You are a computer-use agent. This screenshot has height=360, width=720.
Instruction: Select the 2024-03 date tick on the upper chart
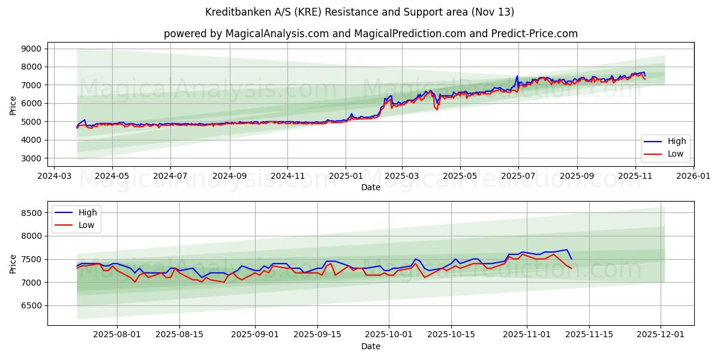(x=55, y=177)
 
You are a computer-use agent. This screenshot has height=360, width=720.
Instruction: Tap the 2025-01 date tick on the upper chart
(x=346, y=177)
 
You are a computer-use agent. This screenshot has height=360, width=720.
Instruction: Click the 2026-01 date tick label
(x=694, y=177)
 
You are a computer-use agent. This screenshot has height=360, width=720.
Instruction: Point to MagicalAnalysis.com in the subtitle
(x=277, y=34)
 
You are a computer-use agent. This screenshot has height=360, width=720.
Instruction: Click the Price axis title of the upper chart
(x=13, y=104)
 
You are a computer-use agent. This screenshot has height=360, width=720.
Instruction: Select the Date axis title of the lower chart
(x=370, y=346)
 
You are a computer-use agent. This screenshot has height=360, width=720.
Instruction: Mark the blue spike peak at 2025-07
(x=517, y=76)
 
